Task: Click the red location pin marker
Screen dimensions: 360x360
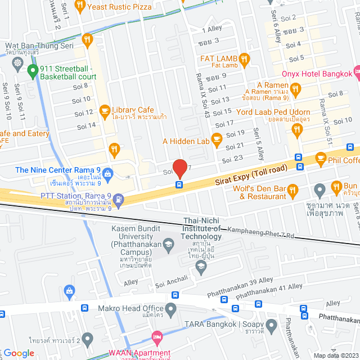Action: pos(179,168)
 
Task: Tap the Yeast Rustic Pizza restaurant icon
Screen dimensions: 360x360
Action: pos(79,7)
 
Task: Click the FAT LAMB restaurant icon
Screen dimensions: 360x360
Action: pos(244,58)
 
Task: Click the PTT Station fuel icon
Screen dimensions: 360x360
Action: pos(118,198)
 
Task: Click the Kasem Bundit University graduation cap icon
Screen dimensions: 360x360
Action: pos(168,244)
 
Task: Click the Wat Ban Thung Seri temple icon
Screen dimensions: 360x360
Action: pos(18,63)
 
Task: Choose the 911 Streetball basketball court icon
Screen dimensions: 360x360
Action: pos(33,70)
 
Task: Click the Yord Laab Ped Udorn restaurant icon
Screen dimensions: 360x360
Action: pos(296,130)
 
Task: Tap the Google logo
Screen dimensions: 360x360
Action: pos(18,353)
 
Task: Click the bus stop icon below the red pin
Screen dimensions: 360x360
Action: pos(179,183)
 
